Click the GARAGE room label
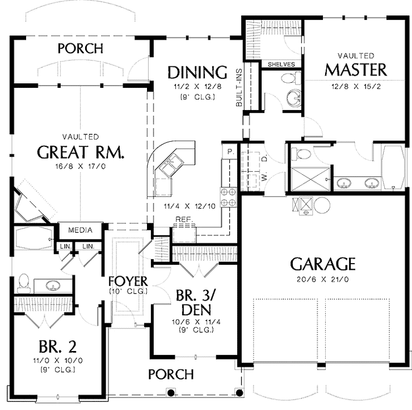click(323, 264)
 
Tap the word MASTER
click(356, 70)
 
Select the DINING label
click(197, 72)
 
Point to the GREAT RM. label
click(81, 152)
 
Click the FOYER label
click(128, 281)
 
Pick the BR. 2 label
click(57, 346)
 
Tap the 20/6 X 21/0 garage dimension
click(323, 279)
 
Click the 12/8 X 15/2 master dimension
click(356, 86)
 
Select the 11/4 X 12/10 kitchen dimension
click(190, 206)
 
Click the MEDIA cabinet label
click(80, 230)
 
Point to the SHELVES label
click(281, 64)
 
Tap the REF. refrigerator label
click(184, 219)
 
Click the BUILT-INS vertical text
click(239, 88)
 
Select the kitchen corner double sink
click(170, 165)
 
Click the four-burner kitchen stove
click(229, 197)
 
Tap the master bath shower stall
click(310, 179)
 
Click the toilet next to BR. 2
click(24, 283)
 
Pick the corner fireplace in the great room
click(30, 205)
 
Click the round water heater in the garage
click(322, 205)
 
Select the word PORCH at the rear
click(81, 49)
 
